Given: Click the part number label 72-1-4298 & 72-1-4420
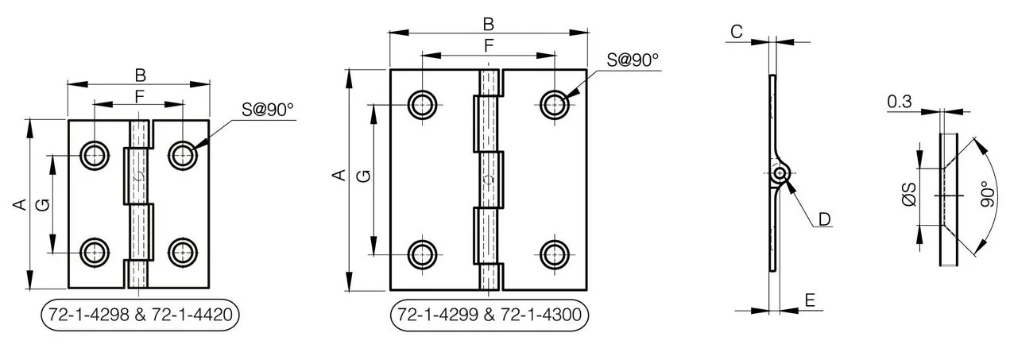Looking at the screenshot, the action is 140,315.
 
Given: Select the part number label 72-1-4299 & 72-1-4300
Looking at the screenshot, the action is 490,315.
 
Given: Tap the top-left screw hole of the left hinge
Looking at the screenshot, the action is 95,156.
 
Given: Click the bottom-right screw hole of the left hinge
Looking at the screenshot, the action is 183,253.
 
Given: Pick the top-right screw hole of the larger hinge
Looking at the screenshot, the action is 554,105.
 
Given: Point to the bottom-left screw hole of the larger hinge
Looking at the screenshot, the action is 422,255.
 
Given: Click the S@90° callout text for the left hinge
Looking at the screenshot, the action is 267,110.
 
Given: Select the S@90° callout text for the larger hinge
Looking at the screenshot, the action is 633,60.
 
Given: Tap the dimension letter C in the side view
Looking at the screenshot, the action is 737,32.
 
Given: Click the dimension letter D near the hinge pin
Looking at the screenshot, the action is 824,219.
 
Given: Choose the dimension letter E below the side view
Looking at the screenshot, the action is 810,300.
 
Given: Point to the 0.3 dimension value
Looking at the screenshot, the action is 900,102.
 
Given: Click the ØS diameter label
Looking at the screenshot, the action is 909,195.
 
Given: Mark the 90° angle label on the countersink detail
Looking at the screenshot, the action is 988,195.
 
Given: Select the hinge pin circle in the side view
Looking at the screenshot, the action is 780,173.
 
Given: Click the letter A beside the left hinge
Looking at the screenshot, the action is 20,204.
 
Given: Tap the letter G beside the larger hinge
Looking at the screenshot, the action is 363,176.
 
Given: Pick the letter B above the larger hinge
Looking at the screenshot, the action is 489,25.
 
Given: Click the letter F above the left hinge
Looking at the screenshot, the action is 139,96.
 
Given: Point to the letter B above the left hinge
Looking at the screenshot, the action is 140,75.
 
